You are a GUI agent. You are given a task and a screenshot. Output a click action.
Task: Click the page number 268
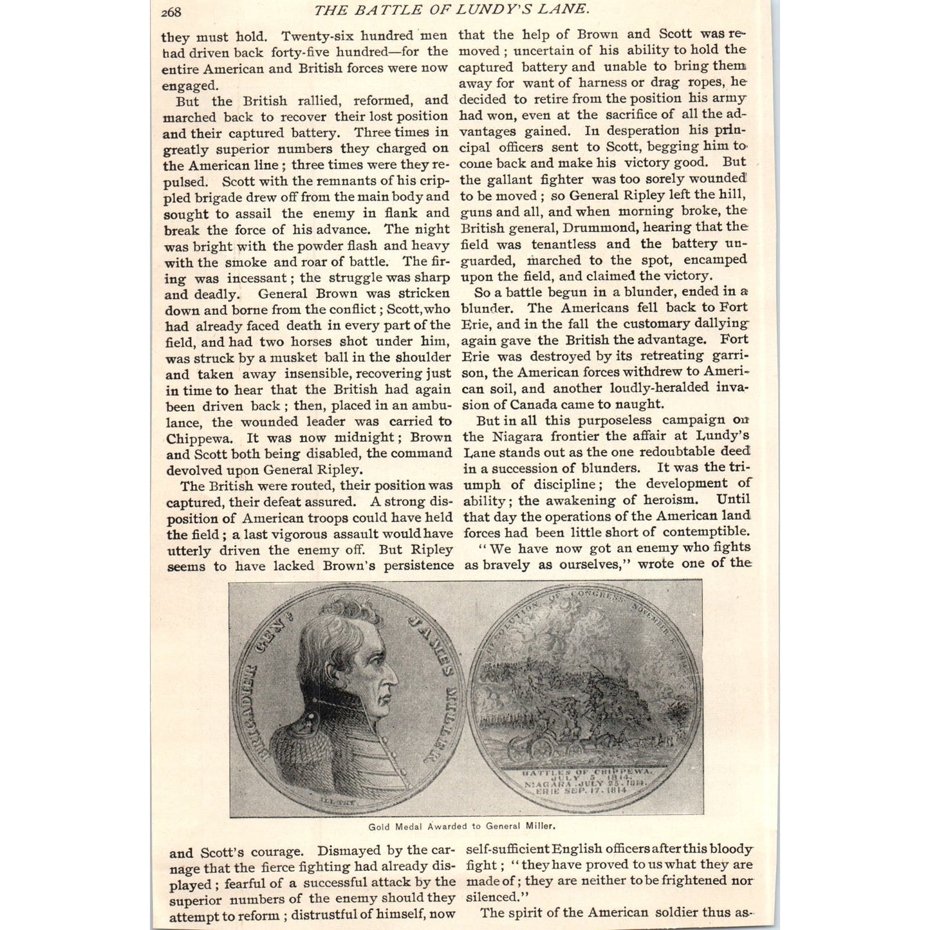[x=171, y=12]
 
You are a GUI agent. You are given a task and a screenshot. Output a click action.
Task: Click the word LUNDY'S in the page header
[x=501, y=9]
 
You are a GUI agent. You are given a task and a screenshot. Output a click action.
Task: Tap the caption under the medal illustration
[x=461, y=826]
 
